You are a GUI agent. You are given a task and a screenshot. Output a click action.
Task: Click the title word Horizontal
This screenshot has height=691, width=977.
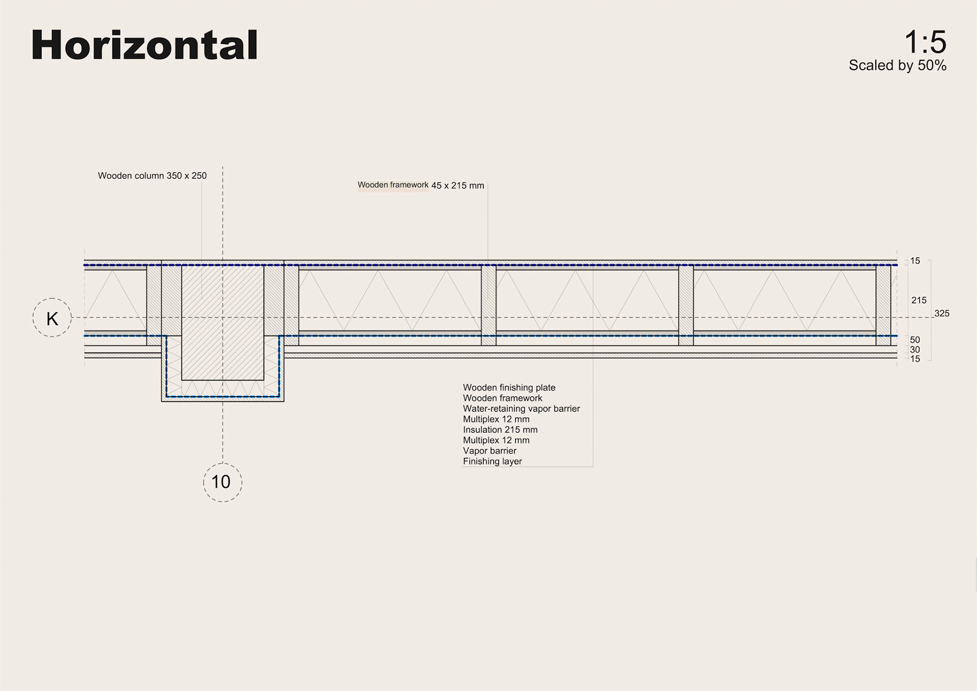(x=145, y=45)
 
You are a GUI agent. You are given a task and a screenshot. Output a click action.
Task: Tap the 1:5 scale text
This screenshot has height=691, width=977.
(x=925, y=42)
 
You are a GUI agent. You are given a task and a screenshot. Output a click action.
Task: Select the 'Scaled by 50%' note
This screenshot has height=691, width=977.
(x=897, y=66)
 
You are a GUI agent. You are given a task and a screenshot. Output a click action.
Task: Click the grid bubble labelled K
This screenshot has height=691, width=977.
(x=52, y=318)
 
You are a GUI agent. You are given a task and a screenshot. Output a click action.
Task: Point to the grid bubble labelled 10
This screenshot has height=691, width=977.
(x=222, y=482)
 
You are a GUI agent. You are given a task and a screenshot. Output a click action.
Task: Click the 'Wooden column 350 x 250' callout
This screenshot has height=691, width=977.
(x=152, y=176)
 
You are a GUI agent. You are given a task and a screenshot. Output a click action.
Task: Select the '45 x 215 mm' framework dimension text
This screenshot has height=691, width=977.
(x=457, y=186)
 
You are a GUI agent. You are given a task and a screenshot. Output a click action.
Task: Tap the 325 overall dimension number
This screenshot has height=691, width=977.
(x=941, y=314)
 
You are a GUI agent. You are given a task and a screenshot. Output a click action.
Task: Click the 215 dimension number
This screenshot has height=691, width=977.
(x=918, y=300)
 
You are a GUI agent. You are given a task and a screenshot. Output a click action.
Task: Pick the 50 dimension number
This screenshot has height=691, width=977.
(x=915, y=340)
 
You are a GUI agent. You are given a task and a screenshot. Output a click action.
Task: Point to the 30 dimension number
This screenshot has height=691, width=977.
(x=915, y=350)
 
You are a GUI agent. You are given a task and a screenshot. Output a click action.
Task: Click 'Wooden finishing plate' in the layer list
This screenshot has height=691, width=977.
(x=509, y=388)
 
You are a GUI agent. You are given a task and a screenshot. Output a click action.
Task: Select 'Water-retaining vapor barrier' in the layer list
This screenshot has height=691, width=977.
(x=521, y=408)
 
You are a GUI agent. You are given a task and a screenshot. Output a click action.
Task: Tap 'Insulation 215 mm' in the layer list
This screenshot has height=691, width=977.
(x=500, y=430)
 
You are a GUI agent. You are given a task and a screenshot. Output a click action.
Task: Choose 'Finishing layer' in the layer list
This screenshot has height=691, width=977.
(x=492, y=461)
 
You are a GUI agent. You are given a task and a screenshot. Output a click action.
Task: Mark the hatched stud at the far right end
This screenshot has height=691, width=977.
(x=883, y=305)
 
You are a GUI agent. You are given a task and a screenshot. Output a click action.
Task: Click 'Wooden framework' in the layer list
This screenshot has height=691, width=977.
(x=502, y=398)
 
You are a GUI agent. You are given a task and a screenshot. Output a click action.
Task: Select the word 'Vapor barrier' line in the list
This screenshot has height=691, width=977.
(x=490, y=451)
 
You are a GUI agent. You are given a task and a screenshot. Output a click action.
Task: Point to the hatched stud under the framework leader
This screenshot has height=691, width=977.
(x=489, y=305)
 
